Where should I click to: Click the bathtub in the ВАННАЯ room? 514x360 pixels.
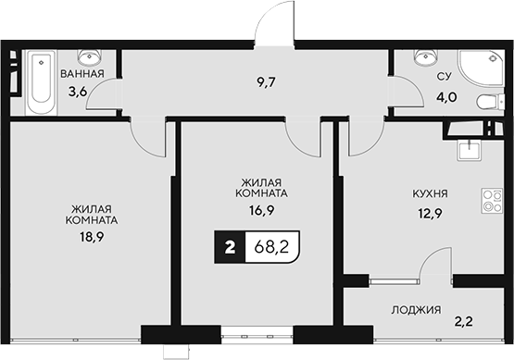pyautogui.click(x=41, y=83)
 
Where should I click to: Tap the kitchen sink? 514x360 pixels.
pyautogui.click(x=470, y=149)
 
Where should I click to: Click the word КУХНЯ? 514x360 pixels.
pyautogui.click(x=430, y=194)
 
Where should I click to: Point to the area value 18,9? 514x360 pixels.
pyautogui.click(x=91, y=237)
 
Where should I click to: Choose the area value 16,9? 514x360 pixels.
pyautogui.click(x=260, y=210)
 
